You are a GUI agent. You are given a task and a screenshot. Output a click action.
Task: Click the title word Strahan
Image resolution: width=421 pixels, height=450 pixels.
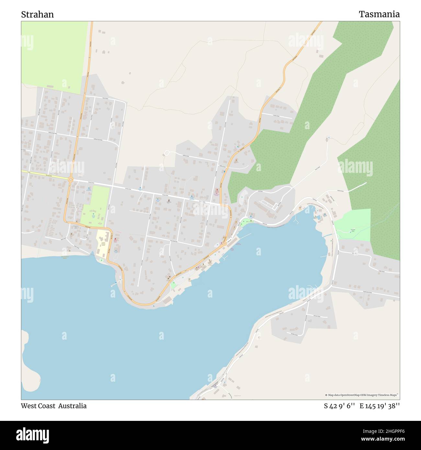coord(37,15)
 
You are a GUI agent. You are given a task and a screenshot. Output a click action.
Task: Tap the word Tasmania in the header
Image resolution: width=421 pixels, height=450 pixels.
coord(379,14)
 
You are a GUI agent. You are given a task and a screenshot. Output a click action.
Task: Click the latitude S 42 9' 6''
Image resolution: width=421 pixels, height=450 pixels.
coord(340,406)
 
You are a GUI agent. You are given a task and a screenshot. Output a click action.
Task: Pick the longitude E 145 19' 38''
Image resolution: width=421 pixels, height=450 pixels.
coord(380,406)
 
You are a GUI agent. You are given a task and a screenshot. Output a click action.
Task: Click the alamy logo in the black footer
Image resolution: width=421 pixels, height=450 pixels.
coord(32,435)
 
